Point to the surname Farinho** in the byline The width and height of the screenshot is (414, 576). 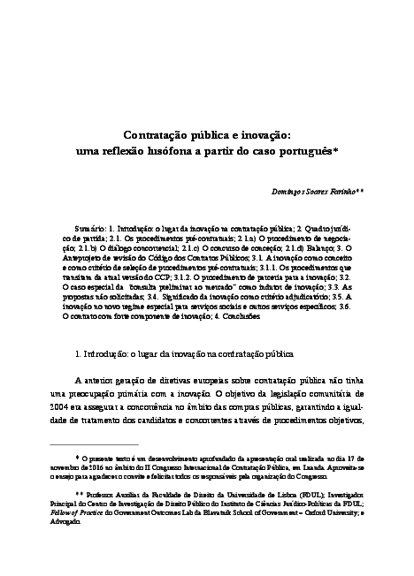click(349, 190)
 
